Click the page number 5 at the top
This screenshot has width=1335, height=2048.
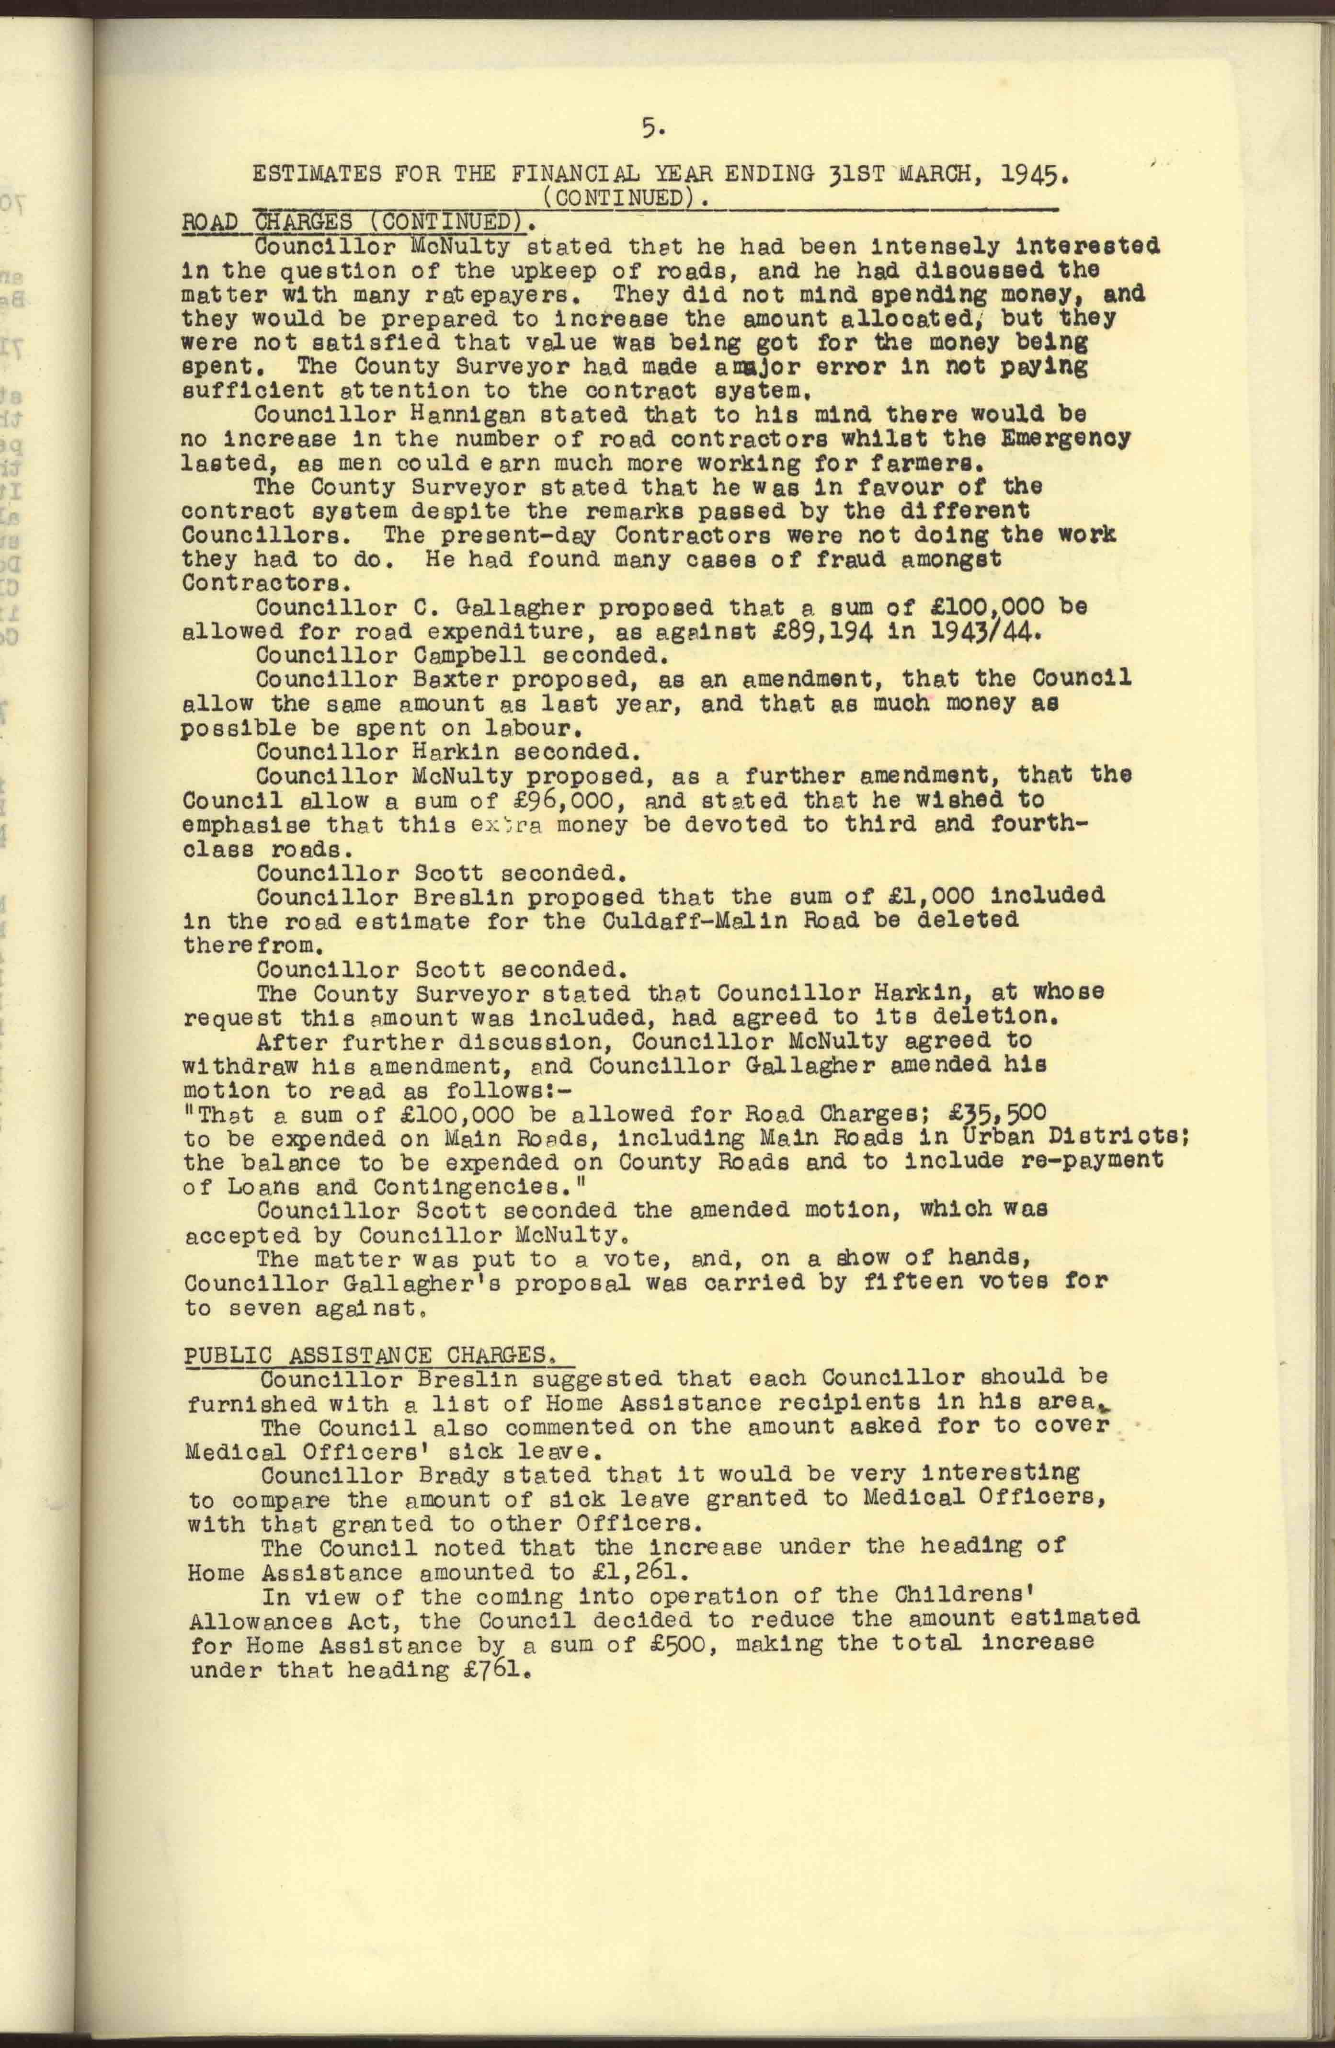coord(651,128)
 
